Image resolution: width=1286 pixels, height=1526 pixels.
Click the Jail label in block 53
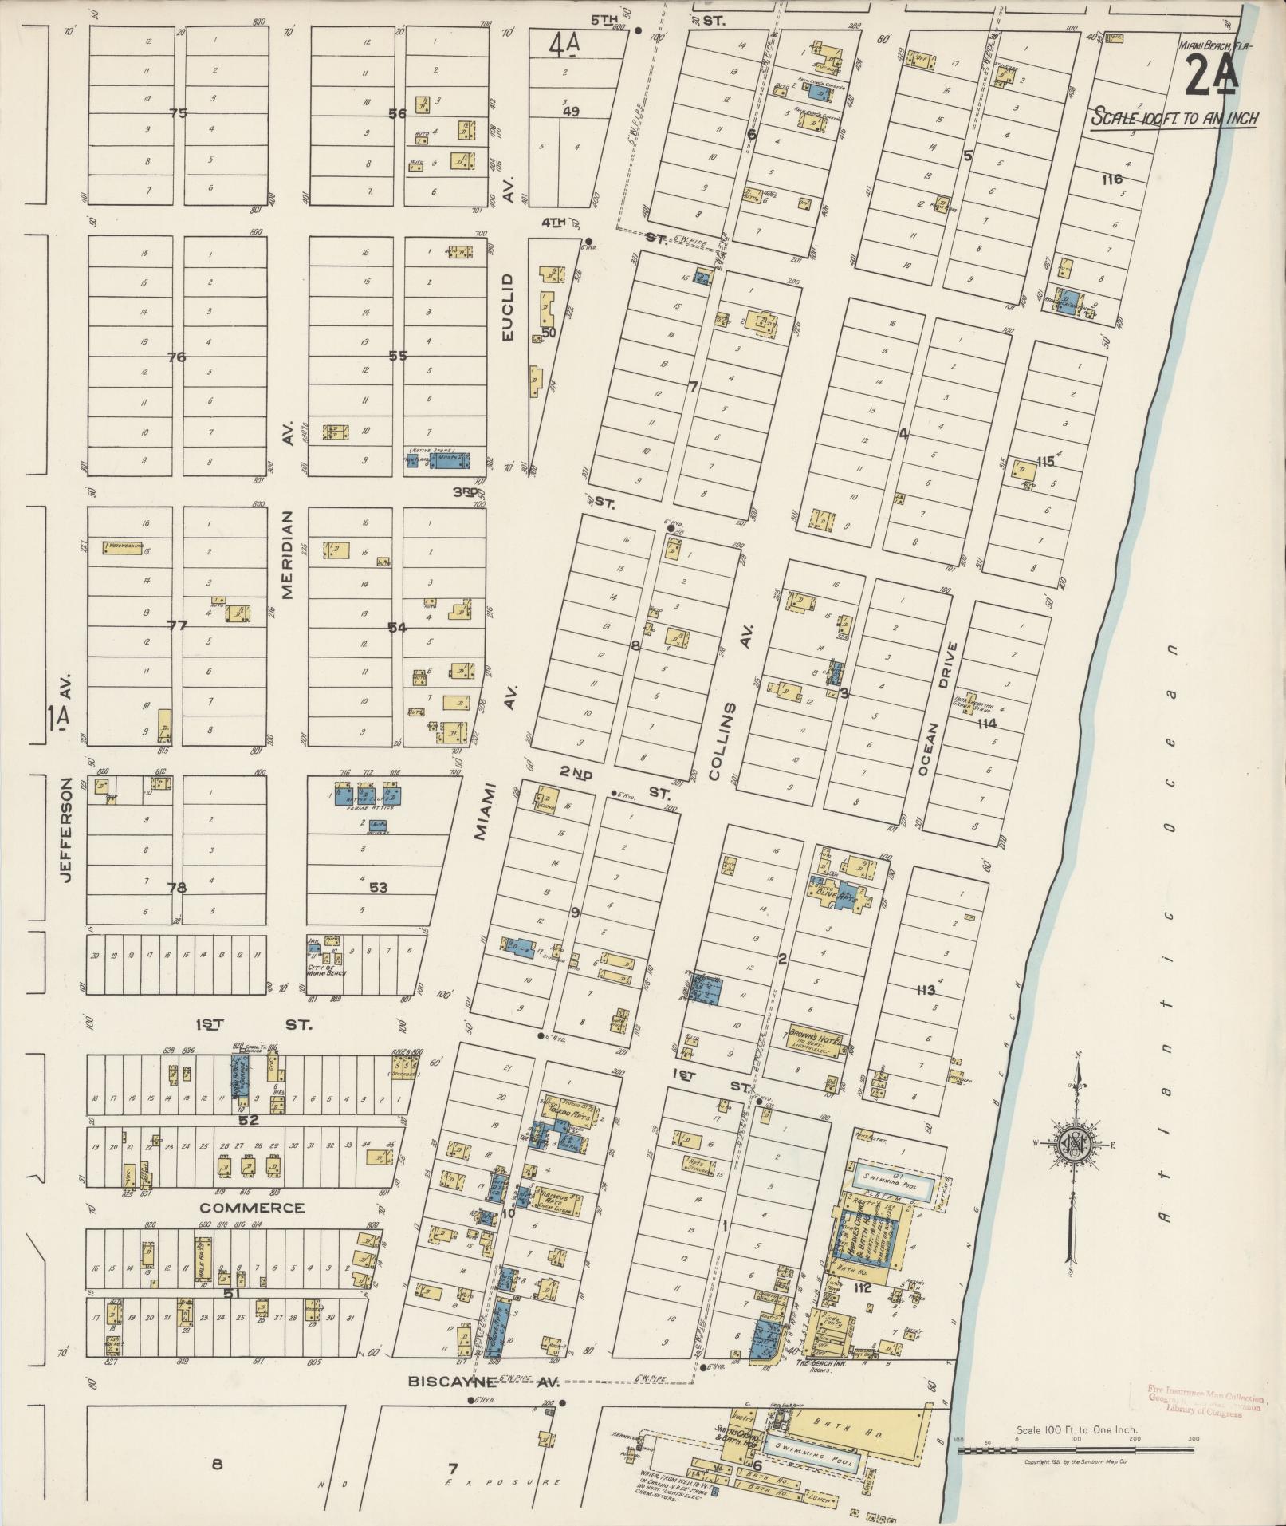[313, 941]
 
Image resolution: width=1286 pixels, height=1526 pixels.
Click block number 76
[176, 357]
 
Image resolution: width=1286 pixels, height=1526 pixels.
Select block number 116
[1111, 179]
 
